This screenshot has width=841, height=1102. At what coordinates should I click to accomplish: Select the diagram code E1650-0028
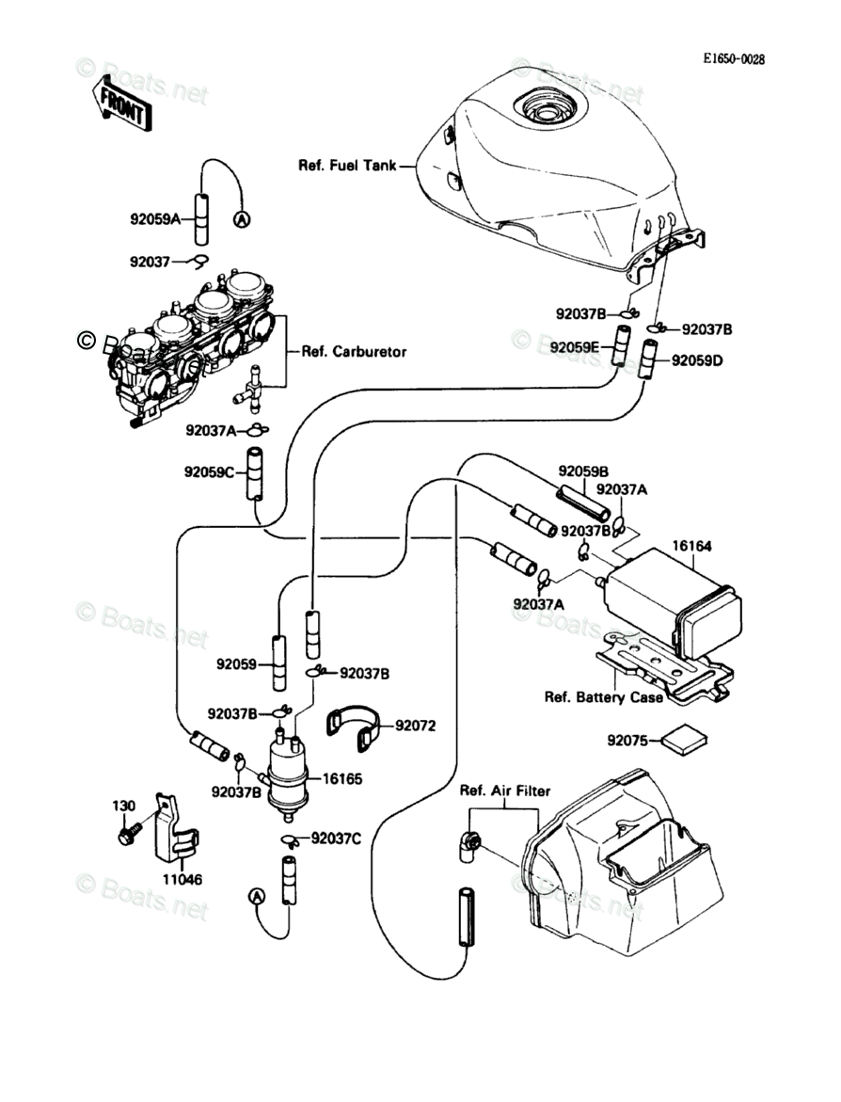(x=734, y=59)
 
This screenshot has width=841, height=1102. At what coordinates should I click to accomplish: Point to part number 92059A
(x=154, y=220)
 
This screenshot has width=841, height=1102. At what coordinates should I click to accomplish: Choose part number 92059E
(x=577, y=347)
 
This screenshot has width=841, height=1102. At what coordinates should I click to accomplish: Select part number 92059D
(x=697, y=360)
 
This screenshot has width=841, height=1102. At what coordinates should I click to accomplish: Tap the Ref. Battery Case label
(x=603, y=697)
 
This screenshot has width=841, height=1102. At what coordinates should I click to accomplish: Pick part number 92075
(x=627, y=741)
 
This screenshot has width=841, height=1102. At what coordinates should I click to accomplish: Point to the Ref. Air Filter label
(x=504, y=791)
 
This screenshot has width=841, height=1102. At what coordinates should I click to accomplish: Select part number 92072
(x=416, y=726)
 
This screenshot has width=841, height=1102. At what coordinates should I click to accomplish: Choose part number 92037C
(x=336, y=837)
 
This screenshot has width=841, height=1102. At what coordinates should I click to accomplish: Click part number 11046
(x=182, y=880)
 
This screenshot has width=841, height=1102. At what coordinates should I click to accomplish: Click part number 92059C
(x=208, y=472)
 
